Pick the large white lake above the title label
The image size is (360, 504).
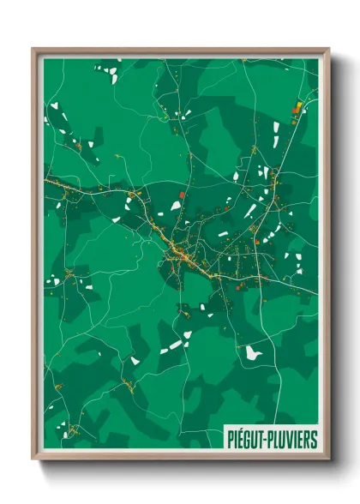[x=251, y=352]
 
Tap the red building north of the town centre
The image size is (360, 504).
[x=182, y=195]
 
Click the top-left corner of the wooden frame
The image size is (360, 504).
[x=33, y=50]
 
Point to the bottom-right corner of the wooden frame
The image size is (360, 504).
[x=328, y=459]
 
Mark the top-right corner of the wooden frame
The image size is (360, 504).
[x=328, y=50]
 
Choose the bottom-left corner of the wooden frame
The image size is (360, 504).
[x=33, y=459]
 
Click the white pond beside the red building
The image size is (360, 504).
[x=176, y=206]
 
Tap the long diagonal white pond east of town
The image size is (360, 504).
[x=250, y=210]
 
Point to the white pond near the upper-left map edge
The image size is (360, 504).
[x=54, y=105]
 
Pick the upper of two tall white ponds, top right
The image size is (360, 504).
[x=276, y=128]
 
